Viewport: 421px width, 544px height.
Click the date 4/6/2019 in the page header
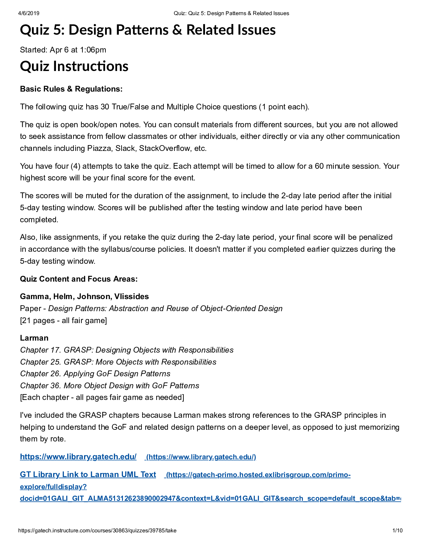29,13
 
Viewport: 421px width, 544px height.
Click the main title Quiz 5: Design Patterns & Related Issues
148,30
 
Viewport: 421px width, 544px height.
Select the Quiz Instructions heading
74,66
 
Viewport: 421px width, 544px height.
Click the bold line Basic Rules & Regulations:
71,89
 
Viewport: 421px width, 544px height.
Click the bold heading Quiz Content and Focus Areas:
79,279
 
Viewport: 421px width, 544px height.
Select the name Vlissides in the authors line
132,296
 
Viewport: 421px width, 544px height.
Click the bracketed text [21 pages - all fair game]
64,320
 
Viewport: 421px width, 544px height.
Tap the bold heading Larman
34,338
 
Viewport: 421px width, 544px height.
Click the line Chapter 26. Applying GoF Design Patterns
95,374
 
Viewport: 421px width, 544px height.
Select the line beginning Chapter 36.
110,386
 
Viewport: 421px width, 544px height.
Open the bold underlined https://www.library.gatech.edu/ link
78,457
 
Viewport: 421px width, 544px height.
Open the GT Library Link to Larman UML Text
88,474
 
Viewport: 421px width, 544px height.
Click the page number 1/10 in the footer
397,530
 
